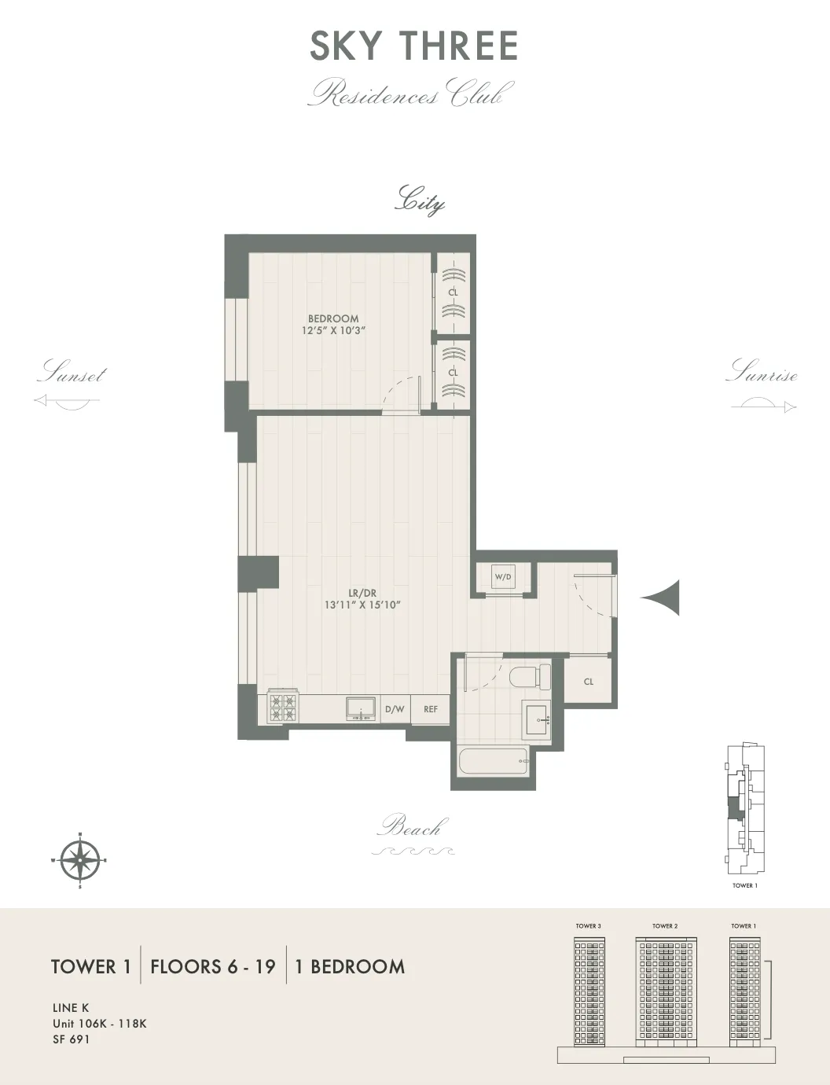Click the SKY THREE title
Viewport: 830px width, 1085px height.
pyautogui.click(x=414, y=46)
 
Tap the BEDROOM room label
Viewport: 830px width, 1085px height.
pyautogui.click(x=333, y=318)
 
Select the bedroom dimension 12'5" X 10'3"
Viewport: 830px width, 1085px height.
pyautogui.click(x=333, y=331)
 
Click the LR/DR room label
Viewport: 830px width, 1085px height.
pyautogui.click(x=362, y=593)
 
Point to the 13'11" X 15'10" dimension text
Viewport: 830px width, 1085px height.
pyautogui.click(x=362, y=605)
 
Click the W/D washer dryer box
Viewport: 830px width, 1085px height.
pyautogui.click(x=503, y=577)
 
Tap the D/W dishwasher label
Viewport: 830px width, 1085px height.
pyautogui.click(x=395, y=709)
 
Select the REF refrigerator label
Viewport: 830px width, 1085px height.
pyautogui.click(x=431, y=709)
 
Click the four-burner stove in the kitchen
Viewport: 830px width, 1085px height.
pyautogui.click(x=283, y=708)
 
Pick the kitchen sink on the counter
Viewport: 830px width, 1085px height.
pyautogui.click(x=361, y=708)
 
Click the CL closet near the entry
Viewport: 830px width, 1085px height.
pyautogui.click(x=589, y=682)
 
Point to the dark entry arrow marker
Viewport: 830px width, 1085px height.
pyautogui.click(x=664, y=598)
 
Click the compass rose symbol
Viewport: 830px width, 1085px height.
pyautogui.click(x=79, y=859)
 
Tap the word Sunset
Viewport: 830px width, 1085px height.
pyautogui.click(x=72, y=373)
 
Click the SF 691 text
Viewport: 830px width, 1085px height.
pyautogui.click(x=72, y=1039)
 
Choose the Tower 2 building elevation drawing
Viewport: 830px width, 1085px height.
pyautogui.click(x=665, y=991)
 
